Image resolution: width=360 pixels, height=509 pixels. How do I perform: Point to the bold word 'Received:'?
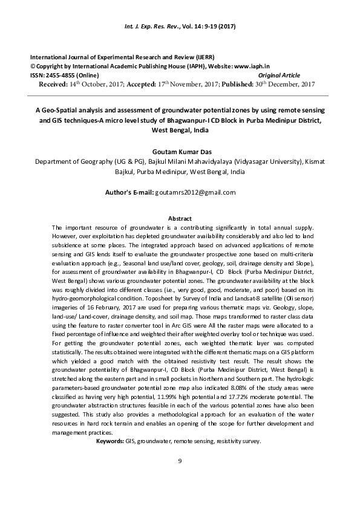tap(53, 83)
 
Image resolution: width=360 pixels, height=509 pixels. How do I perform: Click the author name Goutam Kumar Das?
tap(180, 154)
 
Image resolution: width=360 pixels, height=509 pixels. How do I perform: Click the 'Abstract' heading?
tap(180, 218)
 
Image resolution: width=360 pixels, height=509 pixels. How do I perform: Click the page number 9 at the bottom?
tap(180, 462)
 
